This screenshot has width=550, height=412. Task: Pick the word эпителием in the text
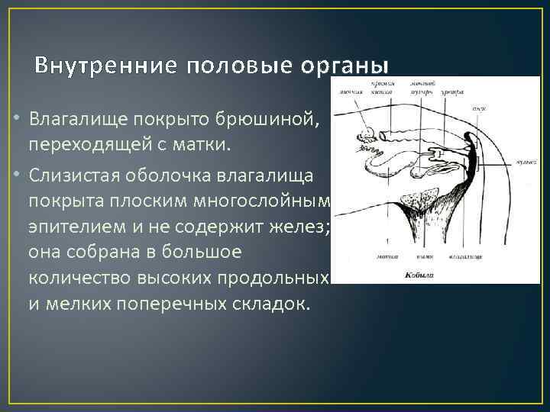(x=70, y=226)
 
